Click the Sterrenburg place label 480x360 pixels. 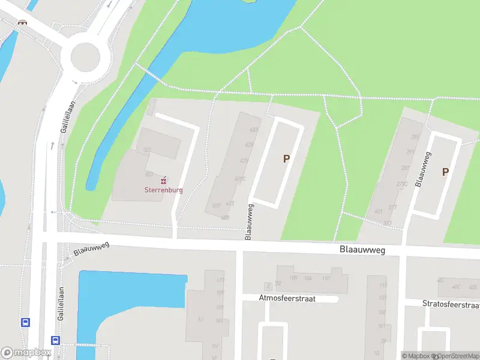tap(163, 190)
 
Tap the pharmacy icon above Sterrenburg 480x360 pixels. tap(163, 180)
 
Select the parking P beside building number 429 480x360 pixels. tap(286, 159)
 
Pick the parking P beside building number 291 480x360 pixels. tap(445, 172)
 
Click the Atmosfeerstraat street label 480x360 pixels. tap(287, 298)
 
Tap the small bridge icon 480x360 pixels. tap(23, 22)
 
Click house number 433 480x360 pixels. tap(253, 130)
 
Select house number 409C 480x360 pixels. tap(240, 179)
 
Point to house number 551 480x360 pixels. tap(148, 149)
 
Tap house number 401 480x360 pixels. tap(378, 211)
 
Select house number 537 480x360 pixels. tap(216, 206)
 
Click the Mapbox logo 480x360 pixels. tap(25, 353)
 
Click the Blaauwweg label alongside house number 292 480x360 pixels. tap(424, 169)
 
